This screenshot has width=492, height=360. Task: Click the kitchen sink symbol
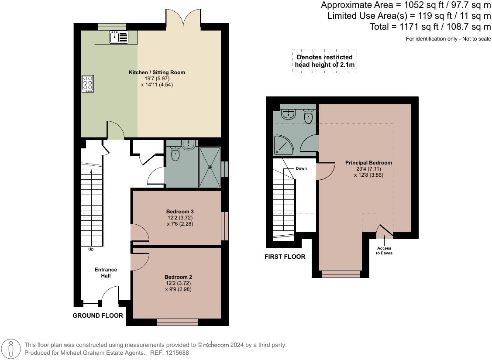pos(119,37)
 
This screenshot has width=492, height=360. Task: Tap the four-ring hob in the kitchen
pos(88,83)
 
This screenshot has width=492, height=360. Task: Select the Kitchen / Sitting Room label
pos(157,72)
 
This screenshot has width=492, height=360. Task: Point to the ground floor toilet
pos(175,153)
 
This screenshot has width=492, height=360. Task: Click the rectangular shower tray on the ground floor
pos(210,167)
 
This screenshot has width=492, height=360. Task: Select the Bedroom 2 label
pos(178,277)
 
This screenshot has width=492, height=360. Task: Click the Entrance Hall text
pos(106,273)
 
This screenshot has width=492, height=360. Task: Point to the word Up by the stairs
pos(91,250)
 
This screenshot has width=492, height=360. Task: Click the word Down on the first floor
pos(301,168)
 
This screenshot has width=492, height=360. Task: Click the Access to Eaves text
pos(384,250)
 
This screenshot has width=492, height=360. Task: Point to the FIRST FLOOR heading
pos(285,257)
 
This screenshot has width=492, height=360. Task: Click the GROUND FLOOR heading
pos(97,315)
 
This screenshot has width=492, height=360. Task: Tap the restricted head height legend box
pos(325,61)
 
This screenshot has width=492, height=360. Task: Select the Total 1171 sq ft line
pos(430,27)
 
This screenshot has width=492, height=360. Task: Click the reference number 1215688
pos(176,353)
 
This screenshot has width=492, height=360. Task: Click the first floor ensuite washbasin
pos(289,114)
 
